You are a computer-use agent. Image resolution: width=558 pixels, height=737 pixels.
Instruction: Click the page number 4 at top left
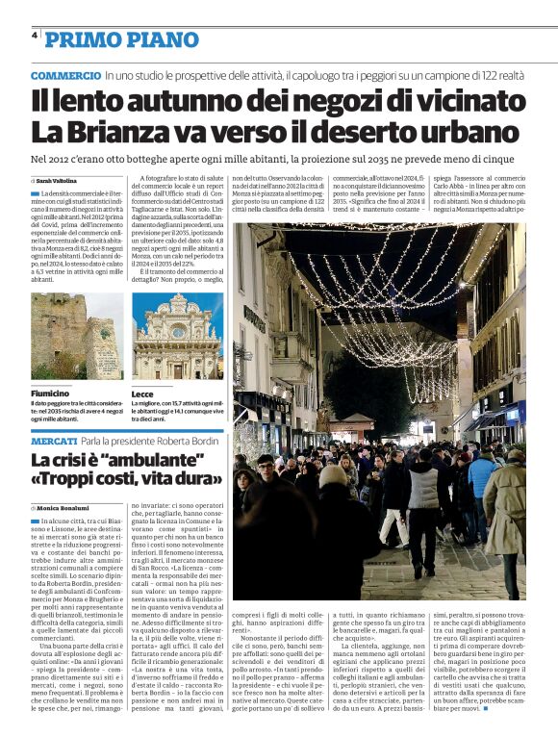pyautogui.click(x=35, y=36)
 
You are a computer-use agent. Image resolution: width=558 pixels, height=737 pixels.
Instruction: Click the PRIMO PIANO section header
pyautogui.click(x=121, y=39)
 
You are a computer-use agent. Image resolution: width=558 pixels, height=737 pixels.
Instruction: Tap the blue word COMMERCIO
pyautogui.click(x=65, y=75)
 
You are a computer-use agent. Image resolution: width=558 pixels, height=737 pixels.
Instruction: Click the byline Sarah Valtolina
pyautogui.click(x=59, y=180)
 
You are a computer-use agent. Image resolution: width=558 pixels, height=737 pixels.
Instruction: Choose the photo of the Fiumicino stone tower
pyautogui.click(x=76, y=336)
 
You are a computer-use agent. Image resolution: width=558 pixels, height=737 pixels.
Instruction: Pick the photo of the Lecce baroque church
pyautogui.click(x=177, y=336)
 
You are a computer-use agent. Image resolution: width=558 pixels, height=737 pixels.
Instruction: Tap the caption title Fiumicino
pyautogui.click(x=50, y=394)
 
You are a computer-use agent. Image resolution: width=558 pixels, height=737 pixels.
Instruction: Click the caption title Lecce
pyautogui.click(x=142, y=394)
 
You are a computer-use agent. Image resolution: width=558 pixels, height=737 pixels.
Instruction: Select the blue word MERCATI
pyautogui.click(x=54, y=440)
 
